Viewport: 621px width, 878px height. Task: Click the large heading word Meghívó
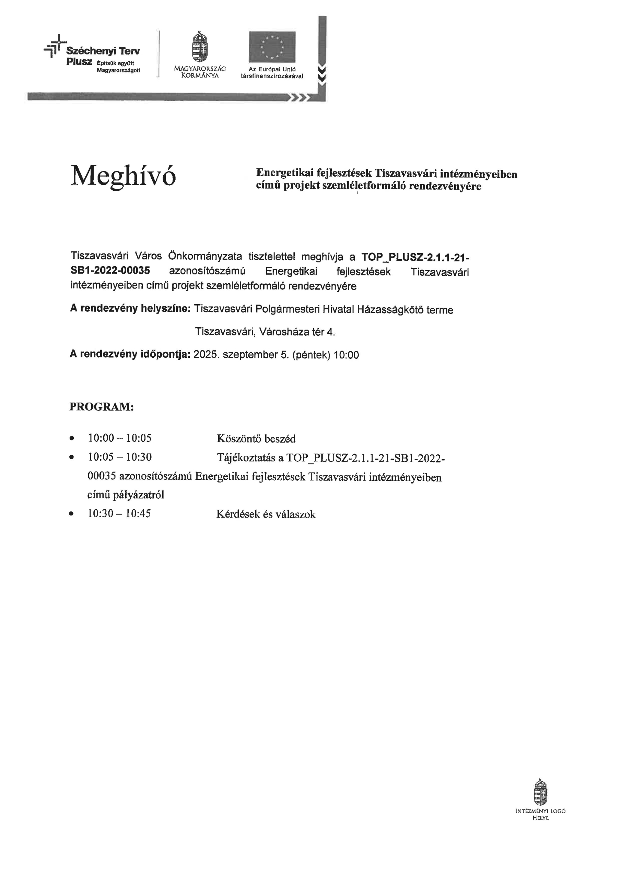tap(123, 176)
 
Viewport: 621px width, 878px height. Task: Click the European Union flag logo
tap(272, 47)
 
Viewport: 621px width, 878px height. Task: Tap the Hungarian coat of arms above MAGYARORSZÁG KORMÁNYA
tap(199, 47)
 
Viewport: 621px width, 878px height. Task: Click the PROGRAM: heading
tap(102, 406)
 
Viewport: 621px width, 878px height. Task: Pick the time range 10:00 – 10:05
tap(120, 438)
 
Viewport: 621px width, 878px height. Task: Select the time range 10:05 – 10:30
tap(120, 457)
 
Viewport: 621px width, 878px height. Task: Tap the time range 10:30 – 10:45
tap(119, 513)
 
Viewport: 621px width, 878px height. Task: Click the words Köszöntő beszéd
tap(256, 439)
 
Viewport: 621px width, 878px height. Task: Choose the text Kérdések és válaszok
tap(266, 514)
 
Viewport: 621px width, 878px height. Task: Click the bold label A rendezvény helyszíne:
tap(130, 309)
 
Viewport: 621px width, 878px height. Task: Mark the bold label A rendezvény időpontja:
tap(130, 354)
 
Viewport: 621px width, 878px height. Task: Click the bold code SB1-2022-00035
tap(110, 270)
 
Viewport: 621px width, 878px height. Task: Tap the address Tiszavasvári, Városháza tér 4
tap(265, 332)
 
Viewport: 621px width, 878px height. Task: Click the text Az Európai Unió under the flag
tap(272, 69)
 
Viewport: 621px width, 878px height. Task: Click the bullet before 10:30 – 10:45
tap(71, 514)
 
